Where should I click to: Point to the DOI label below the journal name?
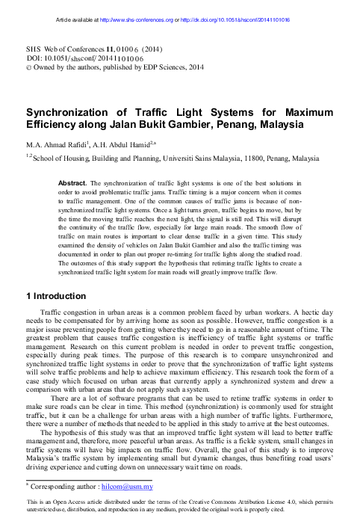(x=35, y=55)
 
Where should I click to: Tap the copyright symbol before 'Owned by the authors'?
(x=28, y=66)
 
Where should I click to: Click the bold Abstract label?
(x=72, y=182)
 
